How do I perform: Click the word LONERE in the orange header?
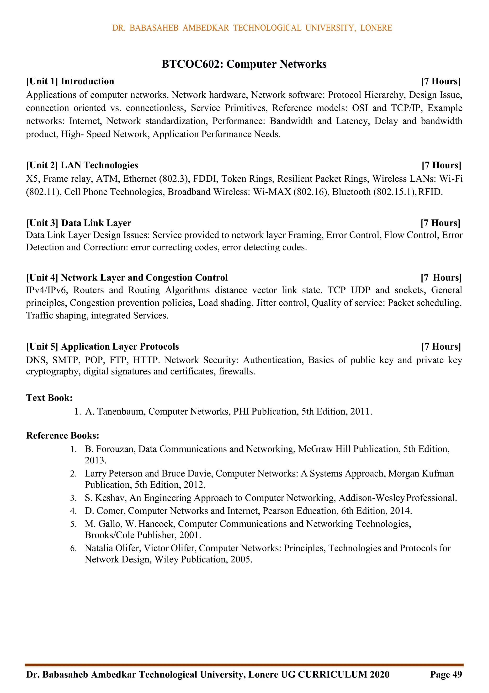[376, 28]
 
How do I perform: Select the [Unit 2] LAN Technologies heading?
[82, 165]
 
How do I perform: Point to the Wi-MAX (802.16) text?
[291, 192]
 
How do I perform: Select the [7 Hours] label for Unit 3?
[441, 223]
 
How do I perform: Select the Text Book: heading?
[49, 398]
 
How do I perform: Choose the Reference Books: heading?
[63, 436]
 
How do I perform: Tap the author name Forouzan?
[116, 449]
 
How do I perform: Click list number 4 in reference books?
[73, 511]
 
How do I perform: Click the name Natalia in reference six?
[99, 548]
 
